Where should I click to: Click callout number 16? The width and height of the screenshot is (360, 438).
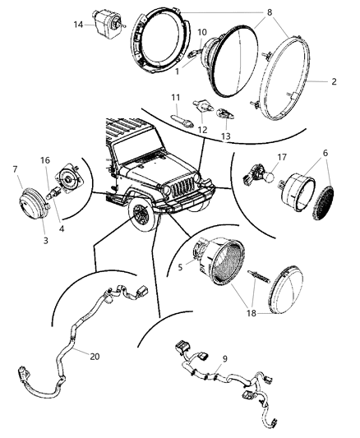point(45,160)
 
